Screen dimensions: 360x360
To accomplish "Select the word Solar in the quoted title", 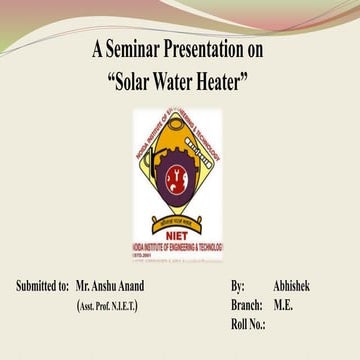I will (x=137, y=77).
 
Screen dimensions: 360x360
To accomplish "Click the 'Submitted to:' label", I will (x=42, y=286).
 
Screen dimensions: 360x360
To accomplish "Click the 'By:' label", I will (x=237, y=286).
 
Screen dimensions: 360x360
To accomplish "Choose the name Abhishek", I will (x=291, y=286).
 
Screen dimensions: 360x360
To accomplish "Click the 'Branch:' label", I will (x=246, y=304).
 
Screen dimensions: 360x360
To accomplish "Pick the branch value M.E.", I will (x=283, y=304).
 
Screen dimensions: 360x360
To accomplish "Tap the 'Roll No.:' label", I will (x=248, y=323).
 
